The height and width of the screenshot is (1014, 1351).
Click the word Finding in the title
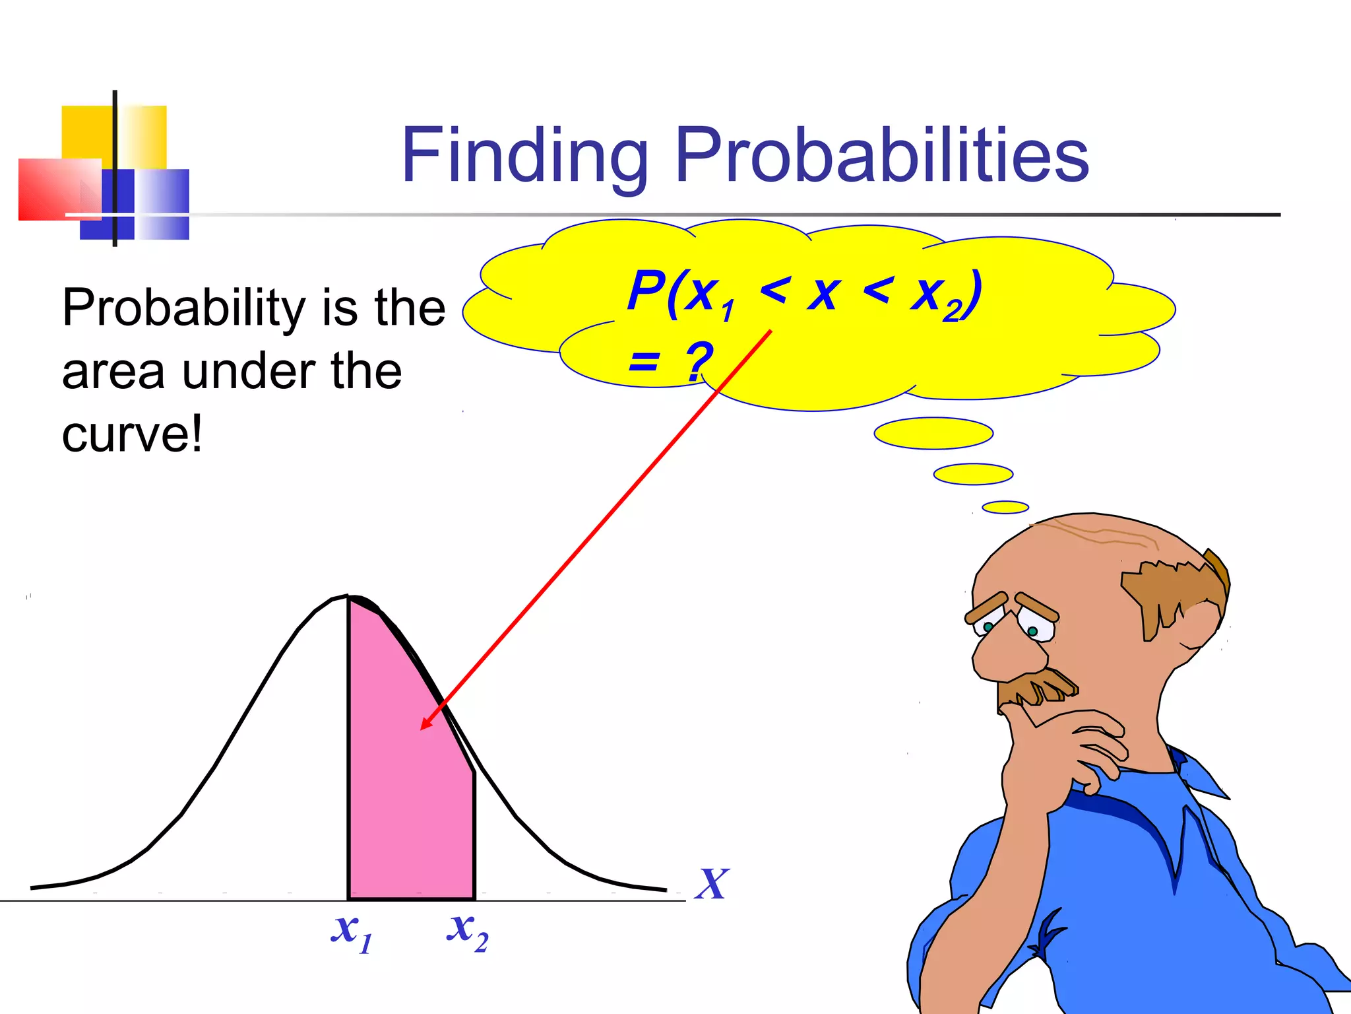(524, 157)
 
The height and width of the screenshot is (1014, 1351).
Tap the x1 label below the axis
(351, 933)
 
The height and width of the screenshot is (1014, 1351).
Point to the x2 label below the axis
(467, 931)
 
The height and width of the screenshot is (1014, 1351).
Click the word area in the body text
(113, 372)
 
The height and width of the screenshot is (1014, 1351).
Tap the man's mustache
(1036, 690)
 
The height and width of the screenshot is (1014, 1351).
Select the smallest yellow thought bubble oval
(1005, 507)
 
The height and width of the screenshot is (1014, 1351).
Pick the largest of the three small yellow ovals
(933, 433)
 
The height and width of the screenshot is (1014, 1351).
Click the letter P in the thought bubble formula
(645, 290)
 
